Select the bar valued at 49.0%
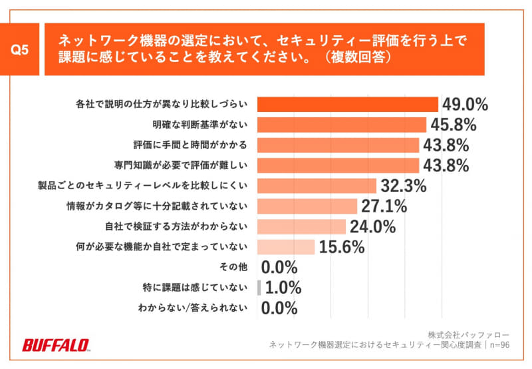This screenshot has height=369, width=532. click(347, 105)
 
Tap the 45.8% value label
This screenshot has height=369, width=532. click(452, 125)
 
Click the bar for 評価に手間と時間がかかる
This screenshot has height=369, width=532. click(338, 145)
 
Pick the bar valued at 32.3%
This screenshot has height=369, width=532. click(317, 186)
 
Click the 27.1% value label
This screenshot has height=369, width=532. click(384, 206)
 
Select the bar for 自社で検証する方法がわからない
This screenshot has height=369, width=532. click(301, 226)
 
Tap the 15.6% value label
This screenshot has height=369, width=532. click(342, 247)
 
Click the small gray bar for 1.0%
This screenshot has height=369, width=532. click(259, 288)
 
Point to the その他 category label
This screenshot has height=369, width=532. click(233, 267)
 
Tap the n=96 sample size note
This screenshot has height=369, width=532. click(499, 345)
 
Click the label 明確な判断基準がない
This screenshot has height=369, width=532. click(200, 125)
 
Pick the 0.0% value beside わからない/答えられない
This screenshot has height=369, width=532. click(279, 308)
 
